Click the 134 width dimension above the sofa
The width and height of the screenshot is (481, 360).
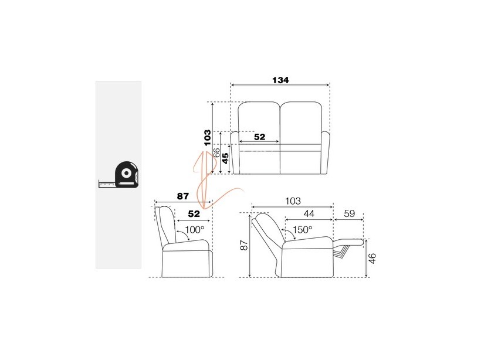coord(280,80)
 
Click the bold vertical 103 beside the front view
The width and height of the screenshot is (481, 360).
coord(208,138)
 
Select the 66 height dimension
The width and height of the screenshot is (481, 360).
coord(216,152)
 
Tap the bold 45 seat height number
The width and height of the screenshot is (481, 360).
coord(225,158)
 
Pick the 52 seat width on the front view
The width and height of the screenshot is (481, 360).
coord(259,137)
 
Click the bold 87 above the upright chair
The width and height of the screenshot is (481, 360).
coord(183,196)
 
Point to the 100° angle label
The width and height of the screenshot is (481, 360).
coord(195,229)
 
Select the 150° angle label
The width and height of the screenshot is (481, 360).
coord(302,229)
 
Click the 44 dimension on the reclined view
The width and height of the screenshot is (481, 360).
coord(309,213)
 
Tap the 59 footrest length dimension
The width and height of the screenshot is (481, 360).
coord(349,213)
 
